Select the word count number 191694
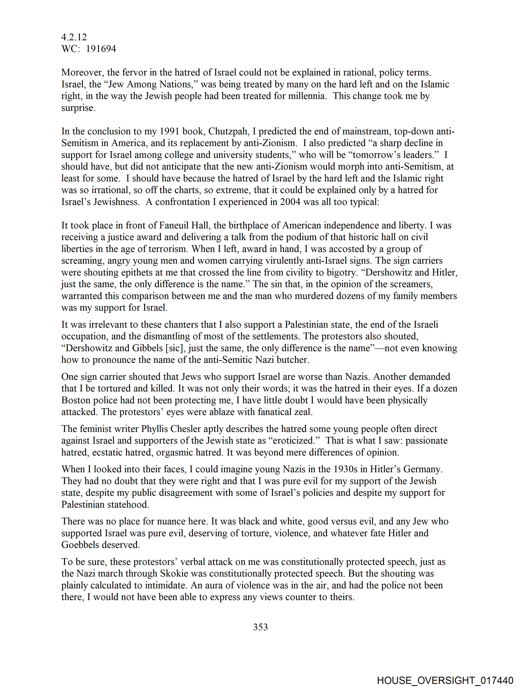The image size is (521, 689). (x=101, y=49)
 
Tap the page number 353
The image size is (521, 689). (x=260, y=627)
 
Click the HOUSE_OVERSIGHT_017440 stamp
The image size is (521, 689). (x=445, y=680)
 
